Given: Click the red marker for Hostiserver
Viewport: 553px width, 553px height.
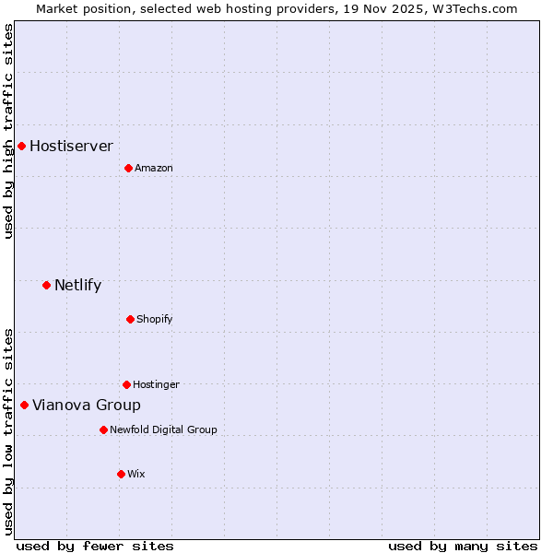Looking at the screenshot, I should [21, 146].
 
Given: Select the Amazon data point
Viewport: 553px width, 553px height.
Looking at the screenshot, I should [128, 168].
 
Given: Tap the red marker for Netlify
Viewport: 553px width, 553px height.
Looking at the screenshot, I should [46, 285].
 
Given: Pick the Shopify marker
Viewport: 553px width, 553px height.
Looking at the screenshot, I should [130, 319].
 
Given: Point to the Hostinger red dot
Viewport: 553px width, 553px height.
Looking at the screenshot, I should [126, 384].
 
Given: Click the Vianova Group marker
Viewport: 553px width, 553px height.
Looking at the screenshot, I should [24, 405].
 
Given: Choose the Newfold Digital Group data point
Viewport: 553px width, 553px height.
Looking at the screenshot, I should [103, 429].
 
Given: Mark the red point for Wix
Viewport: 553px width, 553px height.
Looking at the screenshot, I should [121, 474].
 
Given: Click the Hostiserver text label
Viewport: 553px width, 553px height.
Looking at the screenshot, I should [71, 146].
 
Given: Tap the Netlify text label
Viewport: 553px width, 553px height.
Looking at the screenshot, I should [77, 285].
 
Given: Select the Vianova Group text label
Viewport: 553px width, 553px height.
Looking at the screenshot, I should [87, 405].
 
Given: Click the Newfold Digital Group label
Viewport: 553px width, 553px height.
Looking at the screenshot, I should [163, 429].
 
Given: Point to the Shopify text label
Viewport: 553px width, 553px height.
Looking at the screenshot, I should [154, 319].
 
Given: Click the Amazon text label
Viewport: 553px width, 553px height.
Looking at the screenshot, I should [153, 168].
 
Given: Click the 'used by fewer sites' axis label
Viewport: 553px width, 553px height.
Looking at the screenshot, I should [95, 546].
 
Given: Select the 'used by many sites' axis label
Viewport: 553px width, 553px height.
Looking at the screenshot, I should [463, 546].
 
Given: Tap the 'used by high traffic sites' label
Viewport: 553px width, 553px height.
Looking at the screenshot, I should [8, 131].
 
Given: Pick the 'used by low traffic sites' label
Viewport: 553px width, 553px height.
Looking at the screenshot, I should [8, 430].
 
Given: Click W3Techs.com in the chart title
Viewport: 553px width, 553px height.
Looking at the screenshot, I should [477, 8].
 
